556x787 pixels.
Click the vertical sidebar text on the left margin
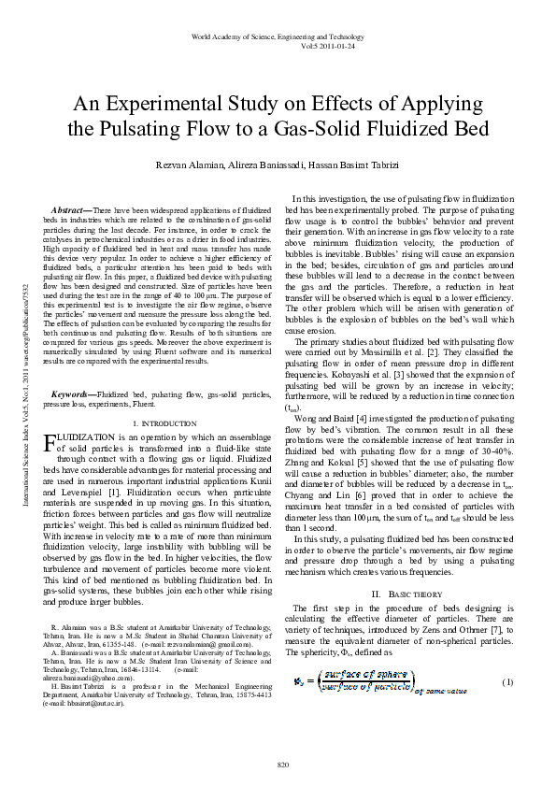click(13, 393)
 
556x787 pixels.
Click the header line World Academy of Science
click(278, 35)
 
